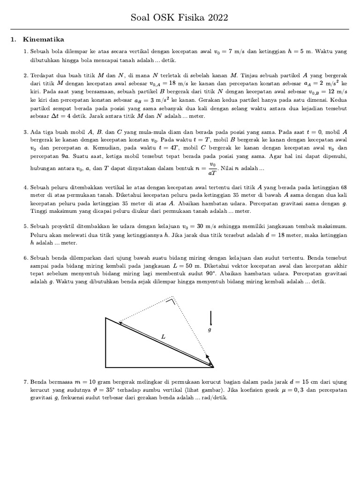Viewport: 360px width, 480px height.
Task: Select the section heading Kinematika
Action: click(47, 40)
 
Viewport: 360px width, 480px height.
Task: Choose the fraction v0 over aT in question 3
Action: click(212, 168)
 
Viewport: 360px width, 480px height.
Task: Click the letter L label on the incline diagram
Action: click(163, 337)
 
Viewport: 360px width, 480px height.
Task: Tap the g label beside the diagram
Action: click(210, 330)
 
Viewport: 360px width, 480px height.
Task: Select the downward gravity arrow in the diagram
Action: click(211, 318)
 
